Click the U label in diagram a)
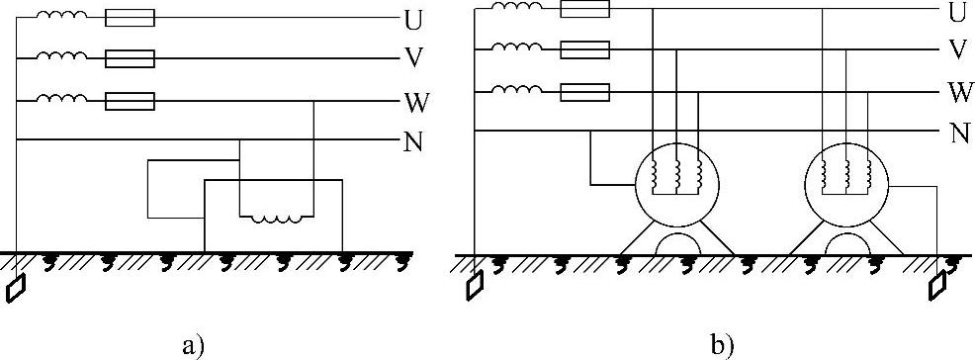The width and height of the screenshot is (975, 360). [x=412, y=19]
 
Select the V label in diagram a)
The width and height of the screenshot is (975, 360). [x=412, y=58]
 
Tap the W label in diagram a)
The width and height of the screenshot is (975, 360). [x=414, y=101]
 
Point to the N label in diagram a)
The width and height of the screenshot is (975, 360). [x=413, y=141]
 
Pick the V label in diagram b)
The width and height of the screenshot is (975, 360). [x=956, y=49]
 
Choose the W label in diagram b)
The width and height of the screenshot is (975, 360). [x=958, y=93]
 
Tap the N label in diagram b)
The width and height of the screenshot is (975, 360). [x=957, y=133]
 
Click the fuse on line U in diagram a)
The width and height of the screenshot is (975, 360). [x=130, y=18]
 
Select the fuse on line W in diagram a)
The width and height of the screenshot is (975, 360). [x=130, y=100]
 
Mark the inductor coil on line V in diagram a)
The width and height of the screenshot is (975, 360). [x=61, y=57]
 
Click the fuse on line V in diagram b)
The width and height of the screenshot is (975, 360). [x=584, y=48]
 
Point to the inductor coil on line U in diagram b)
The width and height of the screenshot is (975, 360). [x=517, y=8]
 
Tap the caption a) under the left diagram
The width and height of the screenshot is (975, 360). [x=194, y=344]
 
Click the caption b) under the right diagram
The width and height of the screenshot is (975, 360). [x=723, y=344]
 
